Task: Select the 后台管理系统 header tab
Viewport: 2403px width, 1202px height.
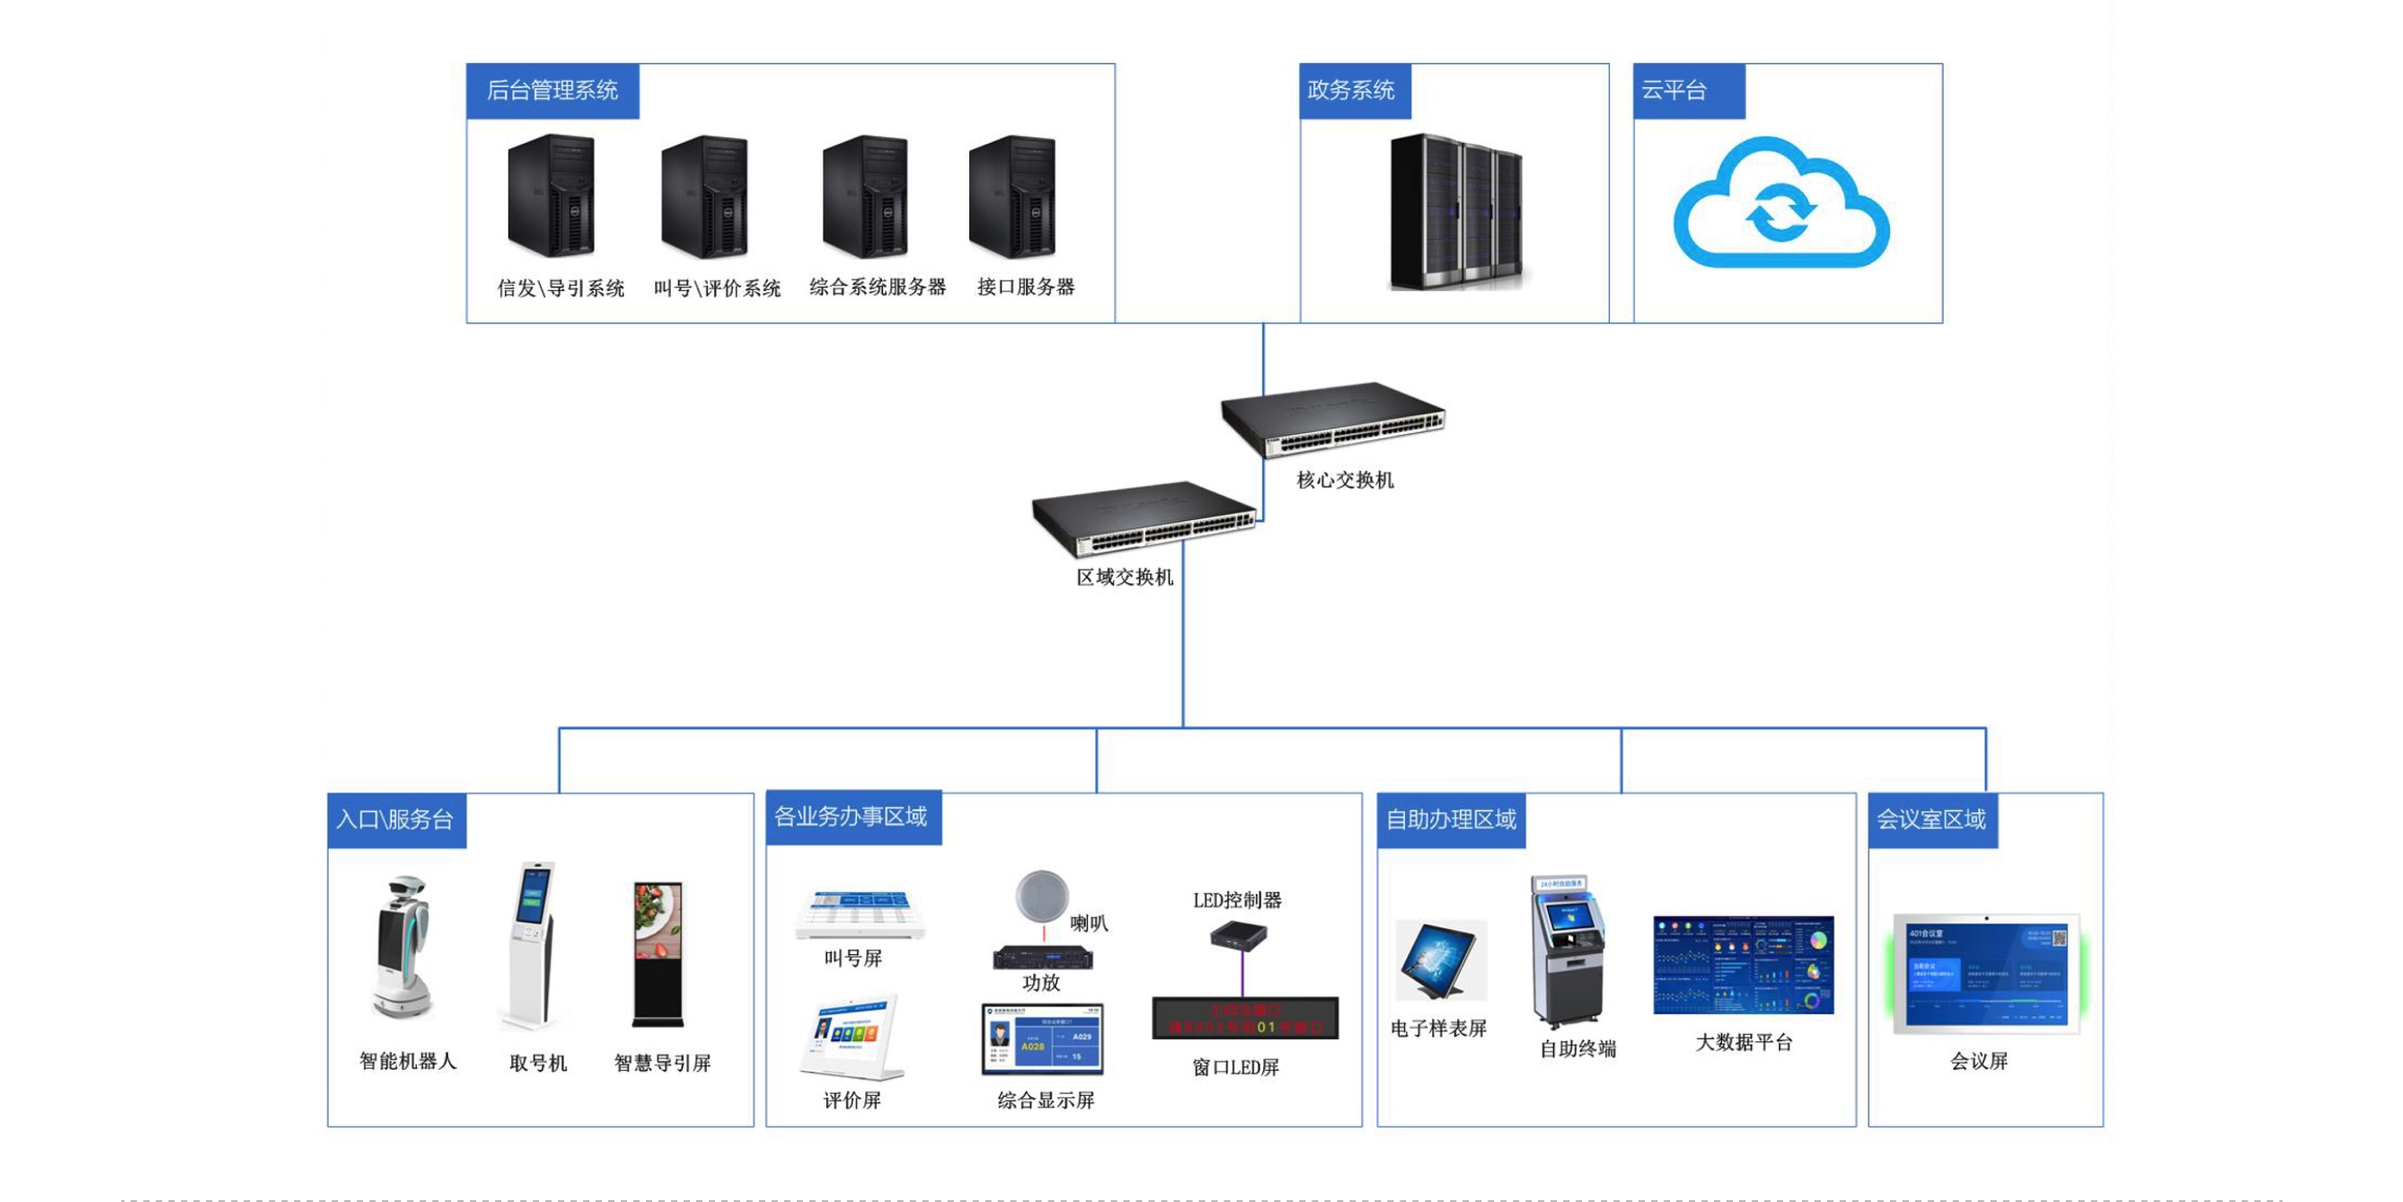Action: click(x=552, y=91)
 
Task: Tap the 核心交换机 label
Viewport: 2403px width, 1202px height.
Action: click(x=1344, y=480)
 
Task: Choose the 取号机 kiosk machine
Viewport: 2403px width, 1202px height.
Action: click(x=531, y=944)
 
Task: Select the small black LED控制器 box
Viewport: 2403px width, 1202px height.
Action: click(x=1239, y=934)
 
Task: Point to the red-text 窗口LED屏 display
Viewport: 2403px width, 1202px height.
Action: click(x=1244, y=1018)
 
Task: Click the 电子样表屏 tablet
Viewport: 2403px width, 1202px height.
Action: click(x=1440, y=961)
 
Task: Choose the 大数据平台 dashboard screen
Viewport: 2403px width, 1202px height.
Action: click(x=1743, y=965)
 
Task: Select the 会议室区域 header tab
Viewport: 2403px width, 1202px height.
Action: click(x=1932, y=819)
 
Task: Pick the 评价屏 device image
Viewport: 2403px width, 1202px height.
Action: click(x=852, y=1036)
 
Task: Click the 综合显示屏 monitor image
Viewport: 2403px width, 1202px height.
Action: click(x=1042, y=1038)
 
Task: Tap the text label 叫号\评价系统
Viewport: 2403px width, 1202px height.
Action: click(x=717, y=287)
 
